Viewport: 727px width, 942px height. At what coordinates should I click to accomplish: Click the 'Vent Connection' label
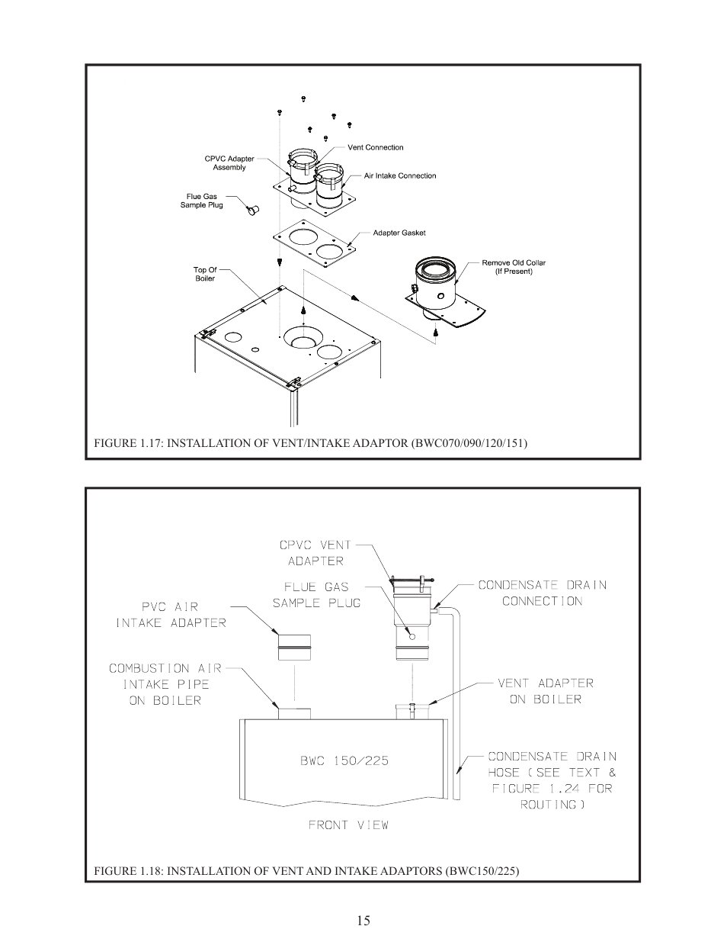tap(375, 147)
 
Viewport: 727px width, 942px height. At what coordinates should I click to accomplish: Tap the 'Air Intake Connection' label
tap(399, 175)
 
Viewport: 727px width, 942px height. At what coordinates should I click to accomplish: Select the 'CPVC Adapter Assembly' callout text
tap(229, 163)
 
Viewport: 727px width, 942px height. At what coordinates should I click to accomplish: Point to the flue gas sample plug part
tap(253, 207)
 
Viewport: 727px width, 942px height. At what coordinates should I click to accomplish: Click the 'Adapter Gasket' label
tap(399, 233)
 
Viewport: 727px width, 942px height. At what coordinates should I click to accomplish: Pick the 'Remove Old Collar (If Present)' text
tap(514, 267)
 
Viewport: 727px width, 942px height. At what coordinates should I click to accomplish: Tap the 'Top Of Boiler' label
tap(205, 274)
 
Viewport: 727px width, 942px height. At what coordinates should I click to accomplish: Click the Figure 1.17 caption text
tap(310, 442)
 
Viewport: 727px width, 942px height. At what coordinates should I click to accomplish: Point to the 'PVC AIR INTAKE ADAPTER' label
tap(171, 615)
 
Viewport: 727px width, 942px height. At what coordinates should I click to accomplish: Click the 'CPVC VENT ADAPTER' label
tap(315, 553)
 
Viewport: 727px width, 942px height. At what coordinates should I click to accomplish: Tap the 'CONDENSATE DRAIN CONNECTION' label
tap(542, 593)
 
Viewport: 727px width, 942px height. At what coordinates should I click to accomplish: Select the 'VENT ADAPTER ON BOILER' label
tap(545, 691)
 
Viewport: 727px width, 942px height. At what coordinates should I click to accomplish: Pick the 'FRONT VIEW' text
tap(348, 825)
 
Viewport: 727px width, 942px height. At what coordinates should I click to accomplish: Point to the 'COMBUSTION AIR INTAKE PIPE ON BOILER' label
tap(165, 684)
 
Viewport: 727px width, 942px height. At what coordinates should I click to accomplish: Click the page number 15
tap(363, 921)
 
